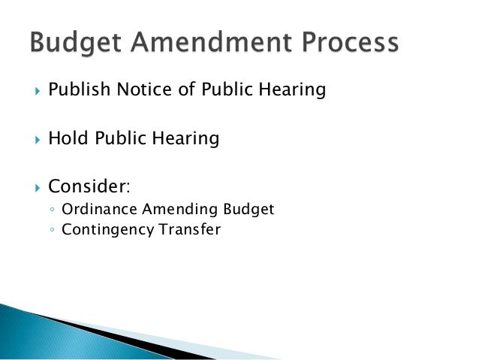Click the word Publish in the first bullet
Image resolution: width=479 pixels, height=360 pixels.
pyautogui.click(x=79, y=91)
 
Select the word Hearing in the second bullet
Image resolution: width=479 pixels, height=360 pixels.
pyautogui.click(x=187, y=139)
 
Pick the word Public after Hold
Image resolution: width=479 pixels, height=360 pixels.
pyautogui.click(x=121, y=138)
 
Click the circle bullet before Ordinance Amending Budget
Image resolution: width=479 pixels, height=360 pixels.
pyautogui.click(x=50, y=210)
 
